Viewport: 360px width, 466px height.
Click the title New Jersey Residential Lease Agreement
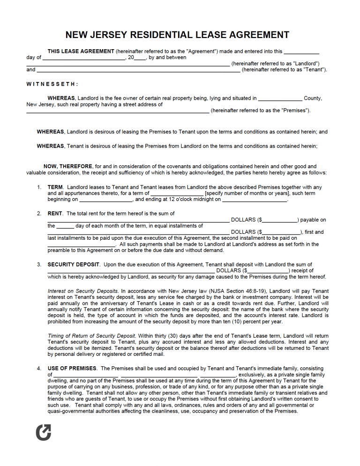[x=177, y=35]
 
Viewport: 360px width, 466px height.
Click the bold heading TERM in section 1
[x=55, y=187]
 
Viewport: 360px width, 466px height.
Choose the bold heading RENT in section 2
[x=55, y=214]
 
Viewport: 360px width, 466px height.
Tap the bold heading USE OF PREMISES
[x=72, y=369]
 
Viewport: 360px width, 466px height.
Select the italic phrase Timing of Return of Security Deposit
[x=91, y=336]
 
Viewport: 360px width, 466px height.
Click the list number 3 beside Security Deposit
[x=39, y=265]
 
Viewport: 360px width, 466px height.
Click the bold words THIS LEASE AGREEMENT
[x=81, y=52]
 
